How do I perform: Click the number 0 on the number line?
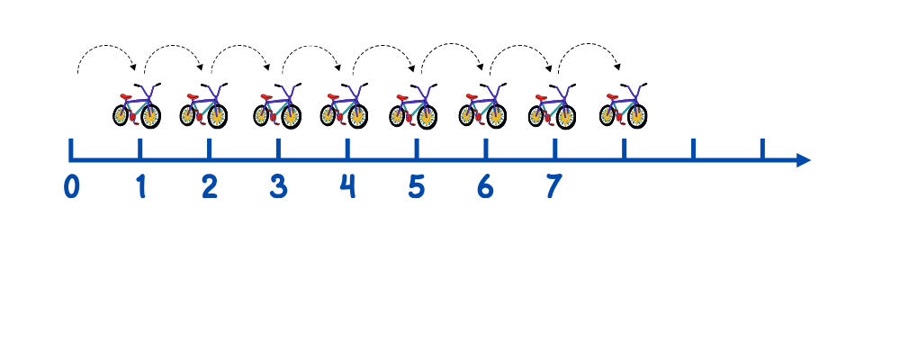point(72,186)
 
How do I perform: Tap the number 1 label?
point(140,186)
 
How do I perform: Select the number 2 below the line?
point(209,186)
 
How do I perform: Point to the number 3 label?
point(278,186)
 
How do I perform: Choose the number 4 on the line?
point(347,186)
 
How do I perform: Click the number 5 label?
point(416,186)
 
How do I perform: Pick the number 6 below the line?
point(485,186)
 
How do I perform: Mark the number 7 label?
point(553,186)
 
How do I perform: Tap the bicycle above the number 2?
point(203,106)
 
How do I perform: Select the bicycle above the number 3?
point(276,106)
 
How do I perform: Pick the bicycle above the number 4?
point(344,106)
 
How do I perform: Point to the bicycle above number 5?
point(412,106)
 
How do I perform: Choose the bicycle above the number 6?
point(482,106)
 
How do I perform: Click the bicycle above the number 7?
point(552,106)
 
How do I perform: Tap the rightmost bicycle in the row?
point(623,106)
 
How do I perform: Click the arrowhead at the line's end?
point(804,160)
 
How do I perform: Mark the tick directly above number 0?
point(71,148)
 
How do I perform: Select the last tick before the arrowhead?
point(761,148)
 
